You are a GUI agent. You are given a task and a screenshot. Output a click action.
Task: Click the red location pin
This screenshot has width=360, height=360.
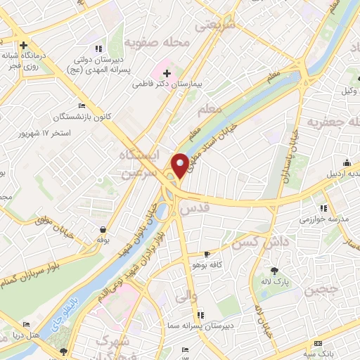180,165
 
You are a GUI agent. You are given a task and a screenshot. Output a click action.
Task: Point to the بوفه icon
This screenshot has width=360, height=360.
104,229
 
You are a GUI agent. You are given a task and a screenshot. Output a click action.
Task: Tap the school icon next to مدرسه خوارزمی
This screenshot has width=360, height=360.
323,208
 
